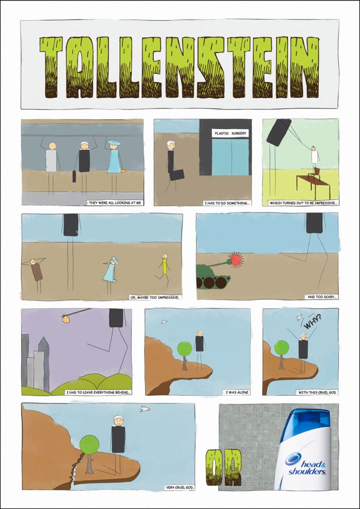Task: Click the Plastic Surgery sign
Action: point(230,133)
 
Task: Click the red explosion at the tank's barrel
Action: point(236,260)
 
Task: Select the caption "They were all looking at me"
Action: point(115,203)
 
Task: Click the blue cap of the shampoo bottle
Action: point(305,422)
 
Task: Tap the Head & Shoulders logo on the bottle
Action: point(305,464)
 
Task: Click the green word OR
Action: point(224,467)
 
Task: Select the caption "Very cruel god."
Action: point(180,487)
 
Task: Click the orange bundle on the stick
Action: point(66,319)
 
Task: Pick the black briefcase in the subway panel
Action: point(74,176)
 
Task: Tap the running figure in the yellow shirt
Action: point(164,270)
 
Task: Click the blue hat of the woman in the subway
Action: point(114,143)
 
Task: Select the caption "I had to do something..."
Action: point(227,203)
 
